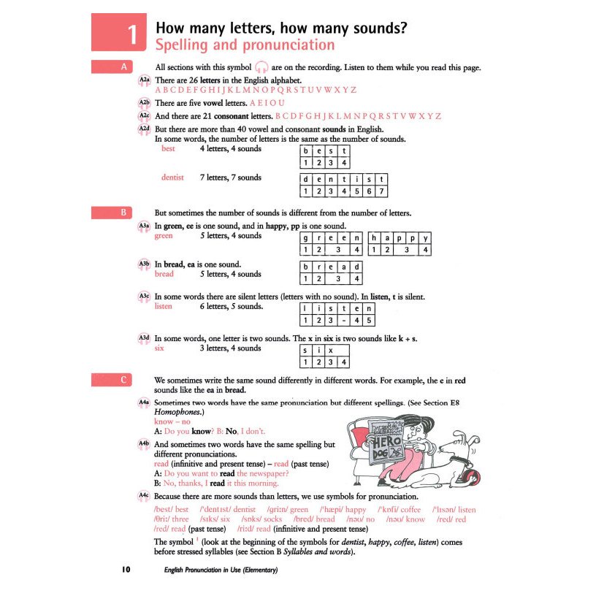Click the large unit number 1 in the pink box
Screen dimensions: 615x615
point(132,35)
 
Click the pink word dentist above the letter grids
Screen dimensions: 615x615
point(173,177)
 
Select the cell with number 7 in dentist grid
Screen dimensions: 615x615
point(382,192)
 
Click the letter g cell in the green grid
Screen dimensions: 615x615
point(307,238)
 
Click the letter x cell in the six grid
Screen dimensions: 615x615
point(331,349)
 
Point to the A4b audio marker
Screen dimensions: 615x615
point(144,444)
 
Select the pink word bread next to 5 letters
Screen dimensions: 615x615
point(164,274)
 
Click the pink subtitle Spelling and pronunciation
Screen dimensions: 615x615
point(245,45)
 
